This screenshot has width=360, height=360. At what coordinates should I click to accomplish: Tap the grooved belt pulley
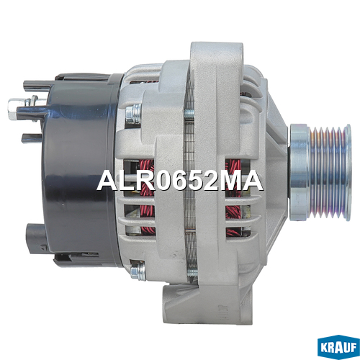click(320, 172)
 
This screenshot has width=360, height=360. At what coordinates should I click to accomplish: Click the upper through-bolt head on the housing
click(132, 113)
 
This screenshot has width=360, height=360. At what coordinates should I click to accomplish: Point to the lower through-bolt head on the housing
click(138, 269)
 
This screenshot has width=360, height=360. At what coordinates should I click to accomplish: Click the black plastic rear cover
click(79, 171)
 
